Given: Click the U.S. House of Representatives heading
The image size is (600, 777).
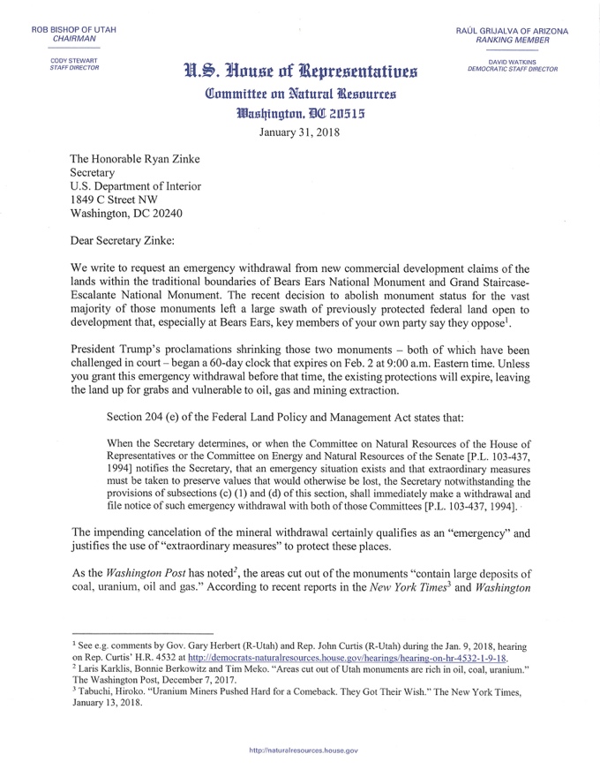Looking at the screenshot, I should (299, 72).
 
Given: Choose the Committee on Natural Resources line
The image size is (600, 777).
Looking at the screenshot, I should (299, 94).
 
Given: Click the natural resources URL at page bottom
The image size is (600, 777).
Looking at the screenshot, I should (299, 750).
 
